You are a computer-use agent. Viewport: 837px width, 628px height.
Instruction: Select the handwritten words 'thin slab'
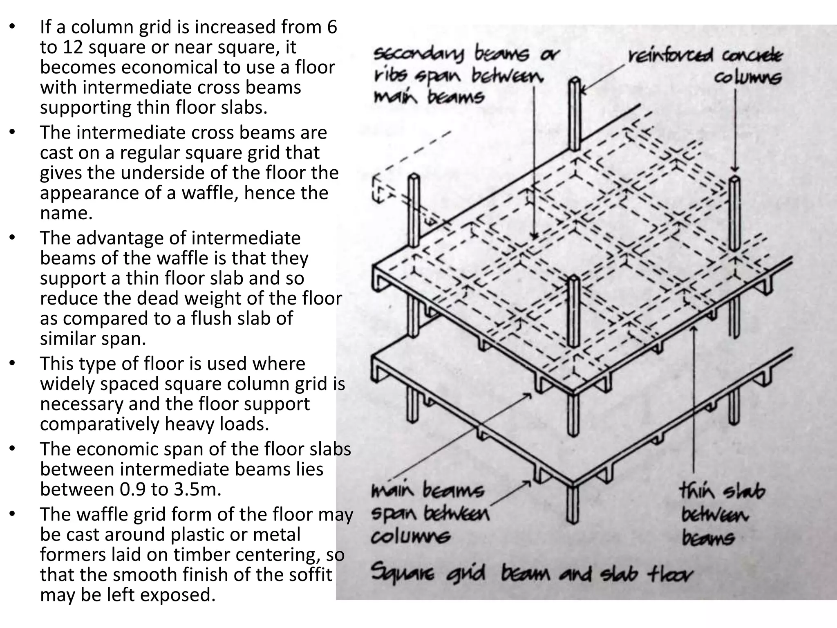click(722, 491)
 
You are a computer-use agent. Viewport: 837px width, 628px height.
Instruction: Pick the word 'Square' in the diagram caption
click(403, 573)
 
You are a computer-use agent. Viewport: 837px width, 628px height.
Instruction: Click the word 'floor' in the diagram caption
click(670, 574)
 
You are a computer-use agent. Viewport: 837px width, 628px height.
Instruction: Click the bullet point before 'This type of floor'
click(13, 363)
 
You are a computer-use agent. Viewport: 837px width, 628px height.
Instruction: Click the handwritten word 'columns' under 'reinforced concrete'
click(747, 77)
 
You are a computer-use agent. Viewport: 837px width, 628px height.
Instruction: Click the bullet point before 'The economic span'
click(13, 449)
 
